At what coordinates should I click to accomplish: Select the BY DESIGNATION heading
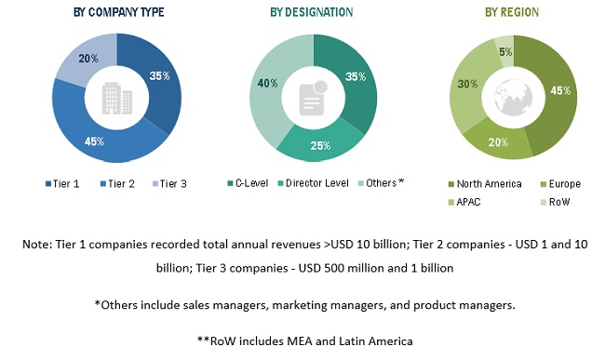(312, 13)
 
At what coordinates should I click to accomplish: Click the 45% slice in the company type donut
(94, 140)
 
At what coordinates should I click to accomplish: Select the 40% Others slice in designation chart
(270, 84)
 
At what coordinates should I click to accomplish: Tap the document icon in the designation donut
(313, 97)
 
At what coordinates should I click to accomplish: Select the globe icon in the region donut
(513, 97)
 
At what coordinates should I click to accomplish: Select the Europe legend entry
(560, 184)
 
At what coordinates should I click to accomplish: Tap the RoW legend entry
(554, 201)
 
